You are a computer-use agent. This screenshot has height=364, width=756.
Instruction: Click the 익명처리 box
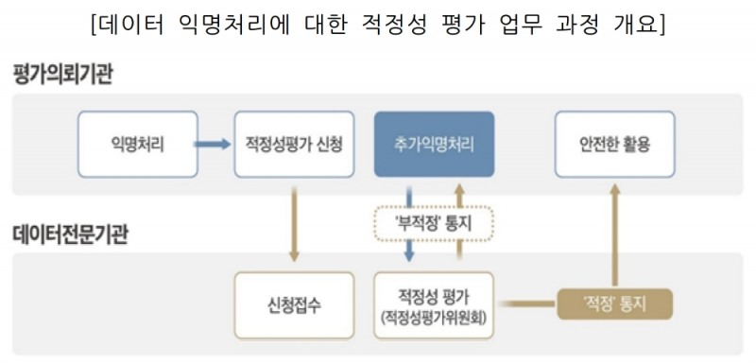(x=138, y=146)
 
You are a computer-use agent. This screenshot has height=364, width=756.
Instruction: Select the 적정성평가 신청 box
(x=293, y=146)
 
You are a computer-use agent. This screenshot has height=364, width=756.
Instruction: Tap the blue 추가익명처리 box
(x=434, y=146)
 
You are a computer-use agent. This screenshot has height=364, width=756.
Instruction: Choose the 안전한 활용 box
(x=614, y=146)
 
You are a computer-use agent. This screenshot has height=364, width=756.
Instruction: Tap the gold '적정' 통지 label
(x=614, y=303)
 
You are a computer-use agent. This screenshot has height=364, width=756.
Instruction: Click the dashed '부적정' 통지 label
(x=434, y=225)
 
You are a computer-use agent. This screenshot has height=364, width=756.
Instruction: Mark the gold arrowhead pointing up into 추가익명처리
(x=459, y=190)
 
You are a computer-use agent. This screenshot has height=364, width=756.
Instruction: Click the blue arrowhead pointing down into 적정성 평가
(x=409, y=255)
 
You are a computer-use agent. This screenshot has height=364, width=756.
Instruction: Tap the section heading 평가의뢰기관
(x=62, y=75)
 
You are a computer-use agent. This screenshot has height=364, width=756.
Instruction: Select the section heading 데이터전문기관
(x=70, y=234)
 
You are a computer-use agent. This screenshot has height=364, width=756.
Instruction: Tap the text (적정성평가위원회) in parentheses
(x=434, y=319)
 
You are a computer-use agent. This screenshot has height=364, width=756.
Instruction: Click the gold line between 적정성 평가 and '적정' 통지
(x=524, y=303)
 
